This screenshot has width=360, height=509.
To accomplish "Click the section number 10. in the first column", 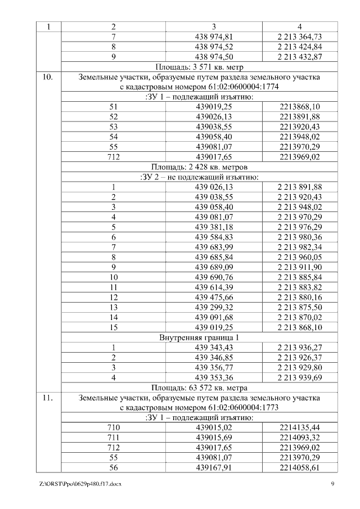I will [47, 77].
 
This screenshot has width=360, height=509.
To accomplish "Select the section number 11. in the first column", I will [47, 398].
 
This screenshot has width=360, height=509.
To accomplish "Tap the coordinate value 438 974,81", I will [214, 37].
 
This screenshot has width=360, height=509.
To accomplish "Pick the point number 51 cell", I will [114, 107].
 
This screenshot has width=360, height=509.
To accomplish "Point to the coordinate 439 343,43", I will [214, 348].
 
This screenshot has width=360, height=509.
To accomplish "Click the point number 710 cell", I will [114, 427].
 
